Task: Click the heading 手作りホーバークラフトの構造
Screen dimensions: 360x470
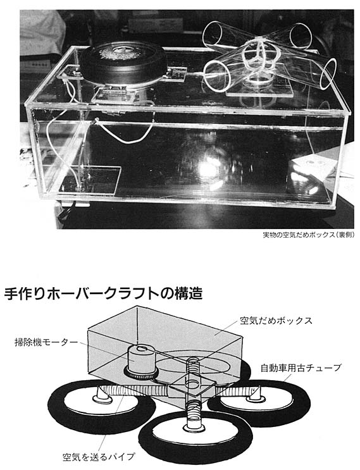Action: [x=104, y=294]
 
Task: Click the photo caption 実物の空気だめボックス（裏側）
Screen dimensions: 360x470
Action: [x=309, y=235]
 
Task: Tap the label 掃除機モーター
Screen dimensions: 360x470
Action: [x=46, y=342]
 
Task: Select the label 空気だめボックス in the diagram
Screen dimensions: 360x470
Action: [x=276, y=321]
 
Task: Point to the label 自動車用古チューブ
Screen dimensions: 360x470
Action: [x=301, y=368]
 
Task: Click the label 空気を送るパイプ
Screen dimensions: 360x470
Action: [x=99, y=457]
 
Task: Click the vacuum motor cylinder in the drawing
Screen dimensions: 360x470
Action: [x=140, y=361]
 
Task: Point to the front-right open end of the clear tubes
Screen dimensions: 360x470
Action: [x=328, y=74]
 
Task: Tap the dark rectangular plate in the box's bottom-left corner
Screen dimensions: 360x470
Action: [x=90, y=180]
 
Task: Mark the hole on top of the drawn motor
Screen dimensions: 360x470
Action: [x=141, y=349]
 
